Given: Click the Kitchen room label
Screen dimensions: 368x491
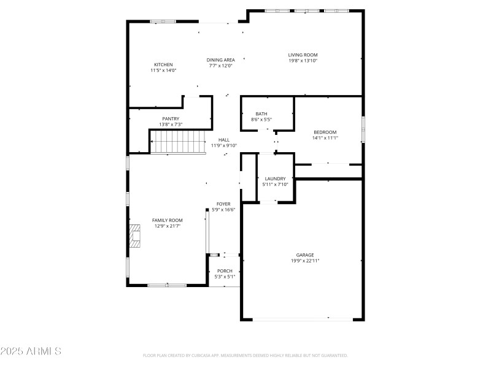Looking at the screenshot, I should tap(163, 64).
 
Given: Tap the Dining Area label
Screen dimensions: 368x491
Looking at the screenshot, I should tap(221, 59).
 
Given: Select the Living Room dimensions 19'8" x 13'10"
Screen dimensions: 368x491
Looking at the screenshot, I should tap(303, 61).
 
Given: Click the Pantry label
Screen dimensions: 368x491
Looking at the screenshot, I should tap(171, 118).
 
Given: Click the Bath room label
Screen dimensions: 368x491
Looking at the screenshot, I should tap(261, 113).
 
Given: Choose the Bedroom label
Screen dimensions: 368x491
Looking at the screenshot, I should tap(325, 132).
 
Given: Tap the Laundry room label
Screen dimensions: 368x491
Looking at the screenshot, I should tap(275, 178).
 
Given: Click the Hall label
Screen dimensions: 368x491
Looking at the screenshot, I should tap(224, 140).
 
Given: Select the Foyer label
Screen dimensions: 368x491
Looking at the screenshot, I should tap(223, 204).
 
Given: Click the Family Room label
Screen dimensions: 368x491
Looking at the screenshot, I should tap(168, 220).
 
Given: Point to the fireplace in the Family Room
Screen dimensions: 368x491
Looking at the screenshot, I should tap(134, 236).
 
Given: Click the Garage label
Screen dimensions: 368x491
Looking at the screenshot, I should tap(305, 255).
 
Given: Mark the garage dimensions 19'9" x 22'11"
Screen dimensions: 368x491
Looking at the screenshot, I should tap(305, 261).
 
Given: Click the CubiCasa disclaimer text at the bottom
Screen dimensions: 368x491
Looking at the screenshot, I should tap(245, 355).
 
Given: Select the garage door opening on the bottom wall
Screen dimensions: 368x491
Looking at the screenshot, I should tap(303, 318).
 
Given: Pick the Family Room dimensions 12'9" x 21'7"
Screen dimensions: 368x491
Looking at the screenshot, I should tap(168, 226).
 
